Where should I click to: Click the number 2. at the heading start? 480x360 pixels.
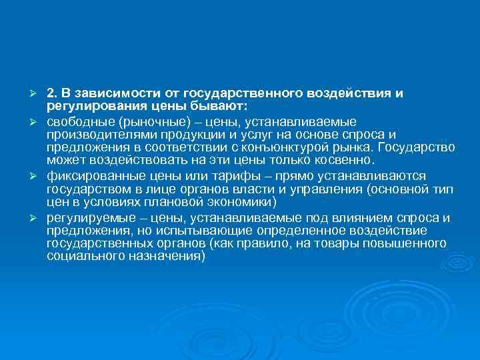point(53,93)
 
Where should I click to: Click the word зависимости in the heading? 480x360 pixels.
point(108,93)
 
